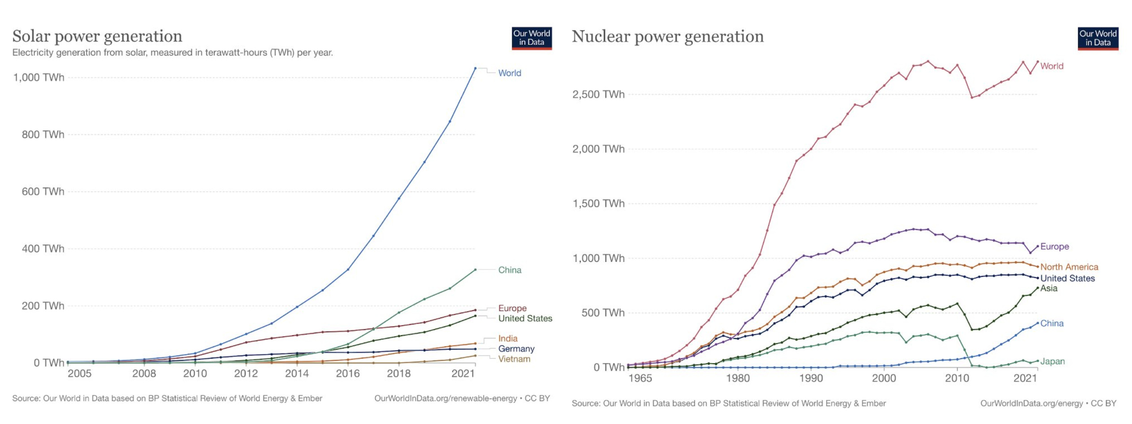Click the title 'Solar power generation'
(x=97, y=36)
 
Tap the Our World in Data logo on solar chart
(x=531, y=38)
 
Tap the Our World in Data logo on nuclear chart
(x=1097, y=38)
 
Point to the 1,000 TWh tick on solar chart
(x=39, y=78)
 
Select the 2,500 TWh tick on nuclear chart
(x=598, y=95)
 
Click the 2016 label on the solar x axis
(x=348, y=373)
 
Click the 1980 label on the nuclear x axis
(x=738, y=378)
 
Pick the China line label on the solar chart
(x=510, y=270)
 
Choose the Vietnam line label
(x=514, y=359)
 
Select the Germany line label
(x=516, y=349)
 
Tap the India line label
(x=507, y=338)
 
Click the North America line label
(x=1069, y=267)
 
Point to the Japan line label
(x=1052, y=361)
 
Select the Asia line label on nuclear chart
(x=1049, y=288)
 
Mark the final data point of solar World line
(x=475, y=68)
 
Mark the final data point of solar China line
(x=475, y=270)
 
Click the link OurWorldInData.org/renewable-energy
(x=445, y=398)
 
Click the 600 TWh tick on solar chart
(x=43, y=192)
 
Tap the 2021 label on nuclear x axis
(x=1025, y=378)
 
